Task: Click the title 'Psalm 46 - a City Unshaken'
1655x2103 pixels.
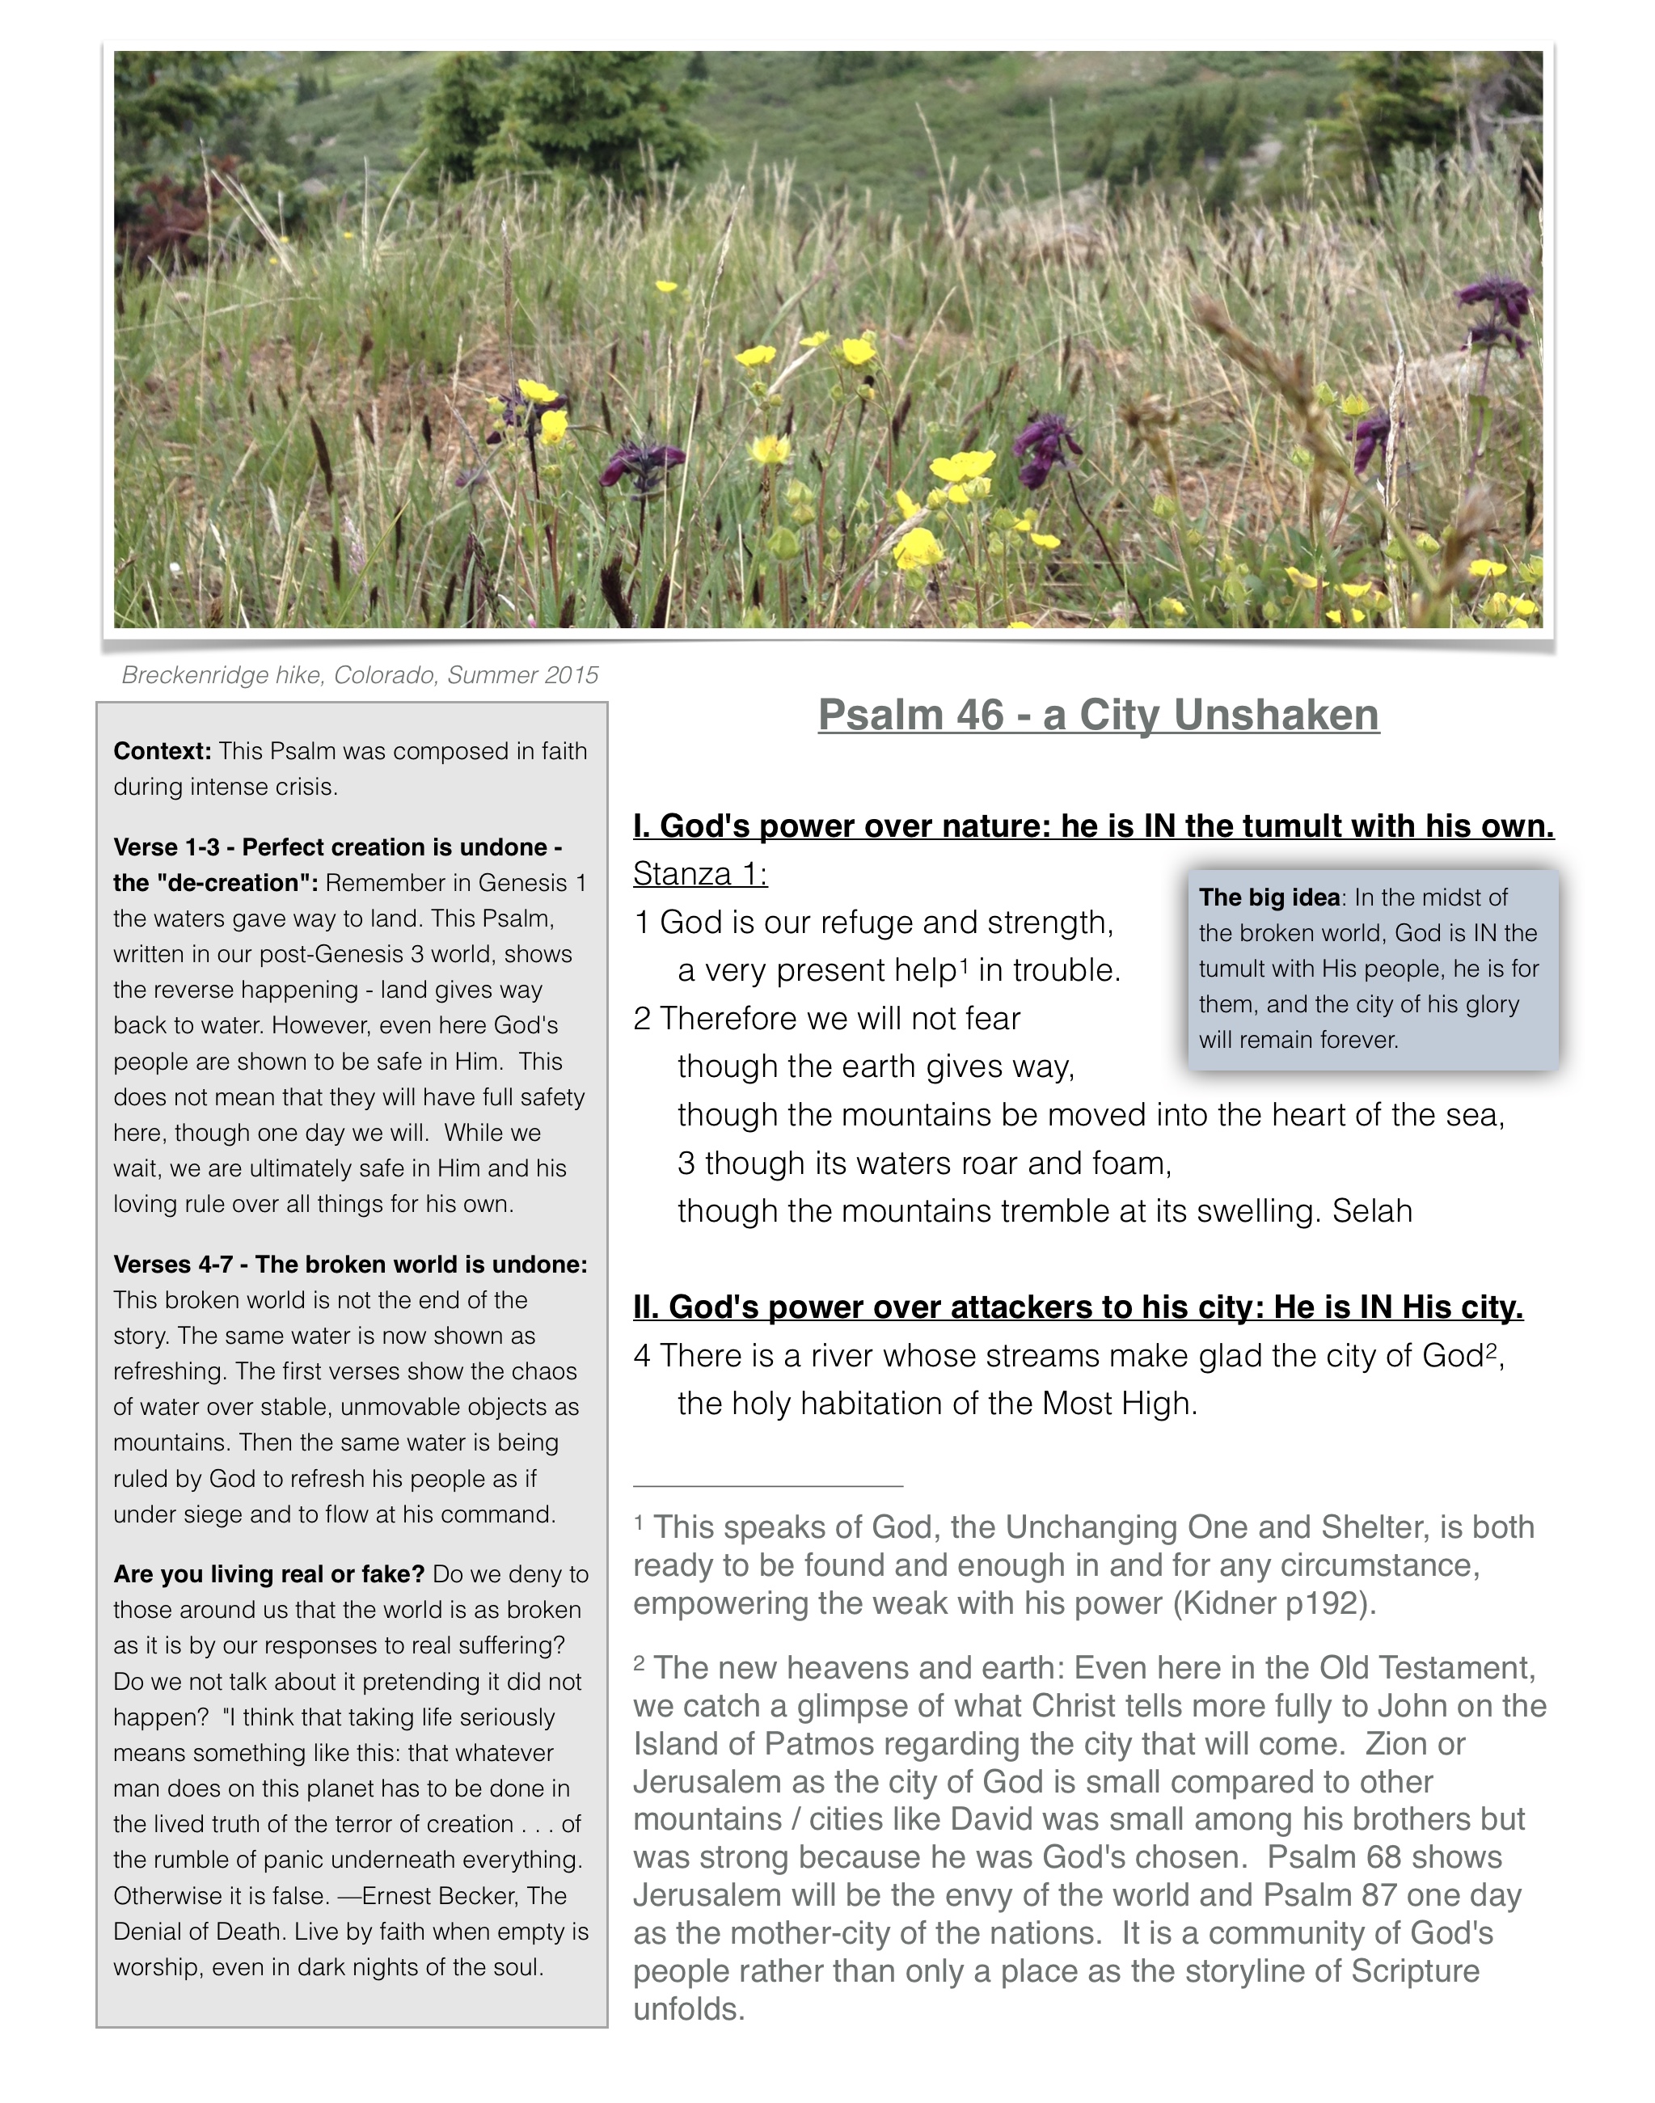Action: [x=1098, y=716]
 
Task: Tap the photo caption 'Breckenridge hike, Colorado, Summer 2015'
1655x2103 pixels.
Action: [x=360, y=674]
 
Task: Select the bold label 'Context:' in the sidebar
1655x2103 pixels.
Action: [x=162, y=751]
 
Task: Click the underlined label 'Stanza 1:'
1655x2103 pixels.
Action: [x=699, y=874]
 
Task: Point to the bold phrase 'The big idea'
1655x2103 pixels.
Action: [x=1269, y=897]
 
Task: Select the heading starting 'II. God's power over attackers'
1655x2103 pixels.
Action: [x=1078, y=1307]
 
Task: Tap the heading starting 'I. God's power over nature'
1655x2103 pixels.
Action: [x=1093, y=826]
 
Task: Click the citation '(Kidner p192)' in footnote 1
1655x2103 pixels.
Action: [x=1273, y=1603]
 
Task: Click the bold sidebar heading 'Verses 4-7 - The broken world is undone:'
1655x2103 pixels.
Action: [x=350, y=1265]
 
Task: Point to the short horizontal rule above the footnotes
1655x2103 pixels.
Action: [x=767, y=1485]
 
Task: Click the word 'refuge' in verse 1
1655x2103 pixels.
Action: [x=865, y=923]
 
